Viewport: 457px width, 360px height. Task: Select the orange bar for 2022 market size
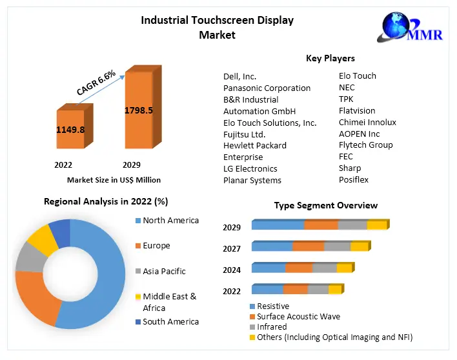tap(71, 132)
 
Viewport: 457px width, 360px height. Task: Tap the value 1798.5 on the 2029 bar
tap(138, 110)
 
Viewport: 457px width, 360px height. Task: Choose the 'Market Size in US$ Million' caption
tap(114, 180)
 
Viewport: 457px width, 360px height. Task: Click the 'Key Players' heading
tap(330, 59)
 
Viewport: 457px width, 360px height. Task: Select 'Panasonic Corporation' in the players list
tap(267, 88)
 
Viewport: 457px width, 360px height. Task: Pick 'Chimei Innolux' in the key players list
tap(367, 122)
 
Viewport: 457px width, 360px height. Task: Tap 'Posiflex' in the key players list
tap(353, 180)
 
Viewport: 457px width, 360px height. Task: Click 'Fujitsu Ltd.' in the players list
tap(244, 134)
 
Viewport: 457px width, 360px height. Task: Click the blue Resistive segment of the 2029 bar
tap(278, 225)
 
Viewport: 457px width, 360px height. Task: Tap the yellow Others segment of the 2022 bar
tap(334, 290)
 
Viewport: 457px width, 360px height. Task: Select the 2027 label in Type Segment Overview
tap(232, 248)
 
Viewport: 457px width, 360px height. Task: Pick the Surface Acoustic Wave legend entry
tap(298, 316)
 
